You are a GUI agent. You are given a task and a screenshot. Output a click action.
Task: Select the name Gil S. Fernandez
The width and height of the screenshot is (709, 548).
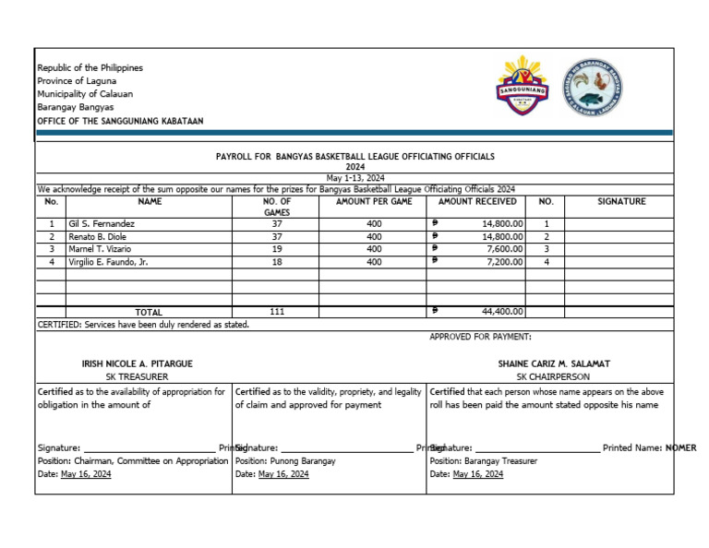tap(102, 224)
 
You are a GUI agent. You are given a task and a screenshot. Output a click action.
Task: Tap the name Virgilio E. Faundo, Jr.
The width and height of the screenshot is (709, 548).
tap(108, 262)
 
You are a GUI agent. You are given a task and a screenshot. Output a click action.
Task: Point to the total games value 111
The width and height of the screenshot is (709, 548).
tap(277, 312)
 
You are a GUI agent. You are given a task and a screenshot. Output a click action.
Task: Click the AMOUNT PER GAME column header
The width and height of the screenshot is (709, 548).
tap(374, 201)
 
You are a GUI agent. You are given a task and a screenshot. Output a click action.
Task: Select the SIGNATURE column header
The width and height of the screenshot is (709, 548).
tap(621, 201)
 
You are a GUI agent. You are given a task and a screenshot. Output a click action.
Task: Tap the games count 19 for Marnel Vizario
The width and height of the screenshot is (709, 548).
tap(277, 249)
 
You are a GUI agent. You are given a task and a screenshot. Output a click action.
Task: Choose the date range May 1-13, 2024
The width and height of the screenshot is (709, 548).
tap(355, 178)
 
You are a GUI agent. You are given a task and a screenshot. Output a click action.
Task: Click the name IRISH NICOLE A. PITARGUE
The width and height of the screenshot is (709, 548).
tap(137, 364)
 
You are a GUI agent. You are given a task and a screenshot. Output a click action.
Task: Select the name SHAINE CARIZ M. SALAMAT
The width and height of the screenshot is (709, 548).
tap(554, 364)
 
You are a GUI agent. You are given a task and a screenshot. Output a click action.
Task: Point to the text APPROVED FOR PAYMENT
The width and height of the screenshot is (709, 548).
tap(480, 337)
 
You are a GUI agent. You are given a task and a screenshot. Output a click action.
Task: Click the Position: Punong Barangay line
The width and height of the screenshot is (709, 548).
tap(285, 460)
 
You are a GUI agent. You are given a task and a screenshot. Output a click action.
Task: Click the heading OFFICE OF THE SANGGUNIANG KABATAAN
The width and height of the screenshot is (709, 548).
tap(120, 121)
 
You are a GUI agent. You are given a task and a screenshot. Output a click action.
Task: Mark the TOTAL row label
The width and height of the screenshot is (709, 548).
tap(149, 313)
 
